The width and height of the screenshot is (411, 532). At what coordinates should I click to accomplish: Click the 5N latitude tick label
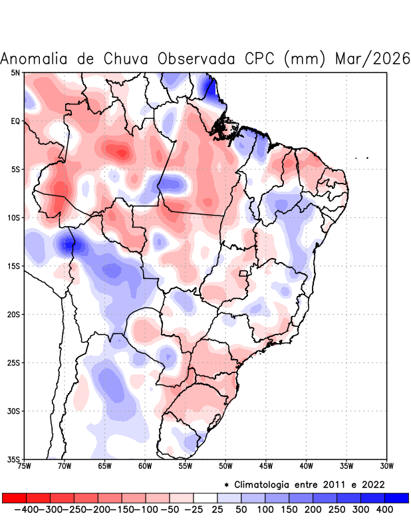pyautogui.click(x=15, y=72)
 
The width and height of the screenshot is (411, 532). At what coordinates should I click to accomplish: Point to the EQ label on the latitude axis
pyautogui.click(x=15, y=121)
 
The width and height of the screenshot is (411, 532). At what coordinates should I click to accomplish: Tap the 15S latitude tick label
pyautogui.click(x=14, y=266)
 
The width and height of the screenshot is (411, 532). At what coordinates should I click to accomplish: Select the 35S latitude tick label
pyautogui.click(x=14, y=459)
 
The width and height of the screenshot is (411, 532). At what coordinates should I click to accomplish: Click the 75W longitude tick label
pyautogui.click(x=25, y=465)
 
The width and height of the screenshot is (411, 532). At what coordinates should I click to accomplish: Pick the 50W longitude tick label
pyautogui.click(x=225, y=465)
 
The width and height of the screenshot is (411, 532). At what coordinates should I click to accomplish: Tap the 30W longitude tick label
pyautogui.click(x=386, y=465)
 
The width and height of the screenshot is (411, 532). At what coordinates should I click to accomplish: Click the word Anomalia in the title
pyautogui.click(x=37, y=59)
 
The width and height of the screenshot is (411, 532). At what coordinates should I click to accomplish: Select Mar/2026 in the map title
pyautogui.click(x=372, y=59)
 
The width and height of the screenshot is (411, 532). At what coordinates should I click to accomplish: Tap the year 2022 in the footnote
pyautogui.click(x=372, y=484)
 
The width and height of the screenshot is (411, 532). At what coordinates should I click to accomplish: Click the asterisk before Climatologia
pyautogui.click(x=227, y=484)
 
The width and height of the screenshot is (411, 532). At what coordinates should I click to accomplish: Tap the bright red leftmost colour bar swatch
pyautogui.click(x=15, y=497)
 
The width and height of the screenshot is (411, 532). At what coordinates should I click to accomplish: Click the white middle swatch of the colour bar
pyautogui.click(x=205, y=497)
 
